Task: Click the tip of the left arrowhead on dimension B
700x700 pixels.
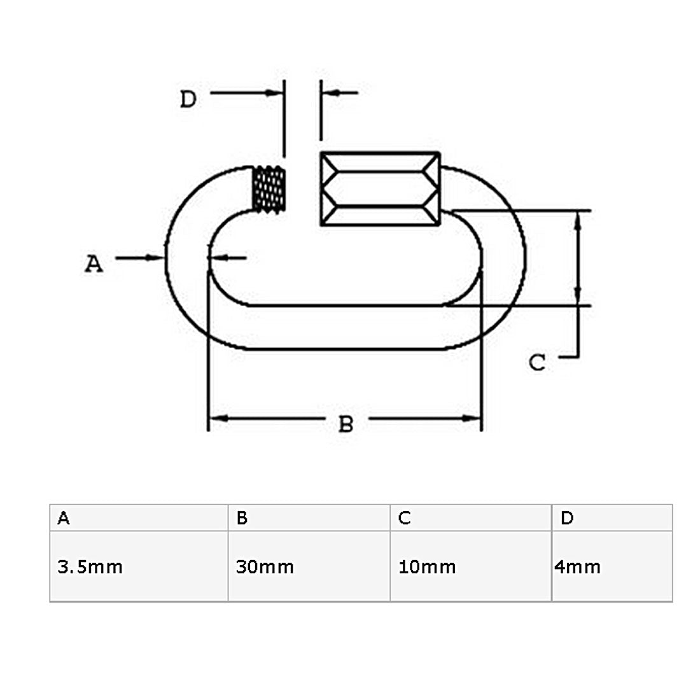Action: tap(209, 418)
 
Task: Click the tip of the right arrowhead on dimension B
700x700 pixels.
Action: tap(481, 418)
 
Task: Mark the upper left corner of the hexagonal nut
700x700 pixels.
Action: tap(321, 153)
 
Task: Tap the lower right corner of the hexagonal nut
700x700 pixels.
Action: tap(440, 225)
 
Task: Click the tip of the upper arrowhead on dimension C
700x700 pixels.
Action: tap(578, 212)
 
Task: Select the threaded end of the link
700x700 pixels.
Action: tap(269, 188)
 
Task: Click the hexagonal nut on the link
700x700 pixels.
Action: tap(381, 189)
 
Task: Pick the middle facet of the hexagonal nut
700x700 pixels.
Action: tap(381, 189)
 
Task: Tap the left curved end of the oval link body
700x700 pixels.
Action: tap(188, 258)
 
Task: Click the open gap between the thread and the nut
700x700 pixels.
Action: tap(303, 189)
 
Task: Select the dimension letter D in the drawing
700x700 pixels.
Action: tap(188, 99)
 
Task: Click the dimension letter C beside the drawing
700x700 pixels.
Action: tap(536, 363)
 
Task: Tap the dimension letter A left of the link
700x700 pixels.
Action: tap(94, 263)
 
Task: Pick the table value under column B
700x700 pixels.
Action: tap(265, 567)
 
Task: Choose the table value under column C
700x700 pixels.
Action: tap(427, 567)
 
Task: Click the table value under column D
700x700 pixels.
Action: tap(577, 567)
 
